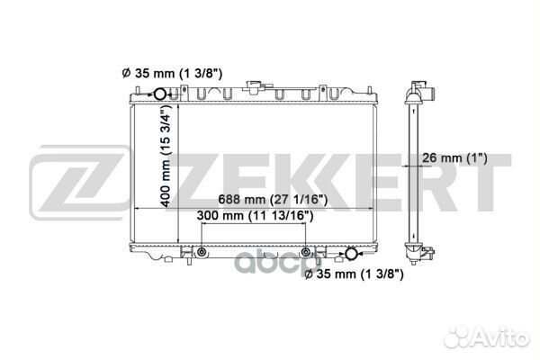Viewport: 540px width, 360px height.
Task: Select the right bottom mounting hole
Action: tap(308, 251)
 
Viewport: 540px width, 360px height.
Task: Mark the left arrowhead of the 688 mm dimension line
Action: tap(138, 209)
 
